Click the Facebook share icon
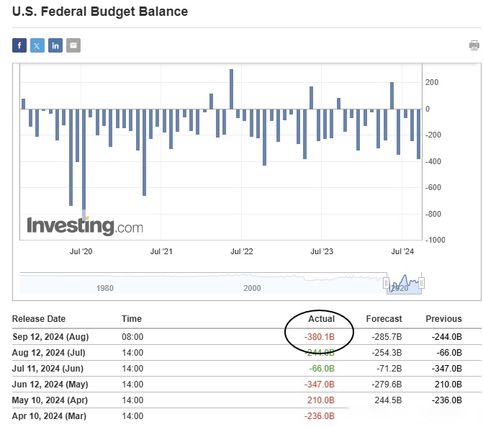[19, 46]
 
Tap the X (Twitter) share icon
[37, 46]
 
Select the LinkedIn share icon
[55, 46]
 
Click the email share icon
[73, 46]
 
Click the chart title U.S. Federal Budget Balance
[99, 12]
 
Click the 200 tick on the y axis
[432, 83]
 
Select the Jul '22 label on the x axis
[242, 251]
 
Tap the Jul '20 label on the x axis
[81, 251]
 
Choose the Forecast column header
[384, 318]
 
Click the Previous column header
[443, 318]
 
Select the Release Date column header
[39, 318]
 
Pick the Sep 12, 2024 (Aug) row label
[51, 336]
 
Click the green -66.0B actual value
[321, 368]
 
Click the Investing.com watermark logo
[85, 225]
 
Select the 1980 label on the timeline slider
[105, 287]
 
